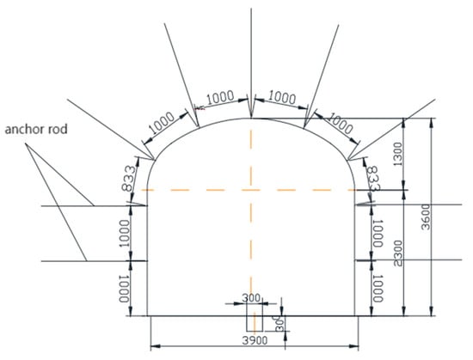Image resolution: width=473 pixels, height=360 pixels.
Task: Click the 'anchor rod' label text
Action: click(36, 129)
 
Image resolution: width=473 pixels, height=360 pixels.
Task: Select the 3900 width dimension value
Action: click(255, 340)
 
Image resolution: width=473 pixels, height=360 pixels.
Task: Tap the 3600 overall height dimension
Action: click(426, 217)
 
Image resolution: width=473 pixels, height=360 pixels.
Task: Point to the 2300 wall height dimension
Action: click(398, 253)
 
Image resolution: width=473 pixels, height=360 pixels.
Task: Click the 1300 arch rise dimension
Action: click(398, 155)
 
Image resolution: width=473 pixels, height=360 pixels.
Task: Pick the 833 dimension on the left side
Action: click(129, 179)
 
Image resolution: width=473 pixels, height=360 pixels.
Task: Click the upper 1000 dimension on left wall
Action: click(124, 234)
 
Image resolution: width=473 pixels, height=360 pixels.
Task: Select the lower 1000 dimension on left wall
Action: click(124, 289)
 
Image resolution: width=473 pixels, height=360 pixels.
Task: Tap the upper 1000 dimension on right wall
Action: click(378, 234)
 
